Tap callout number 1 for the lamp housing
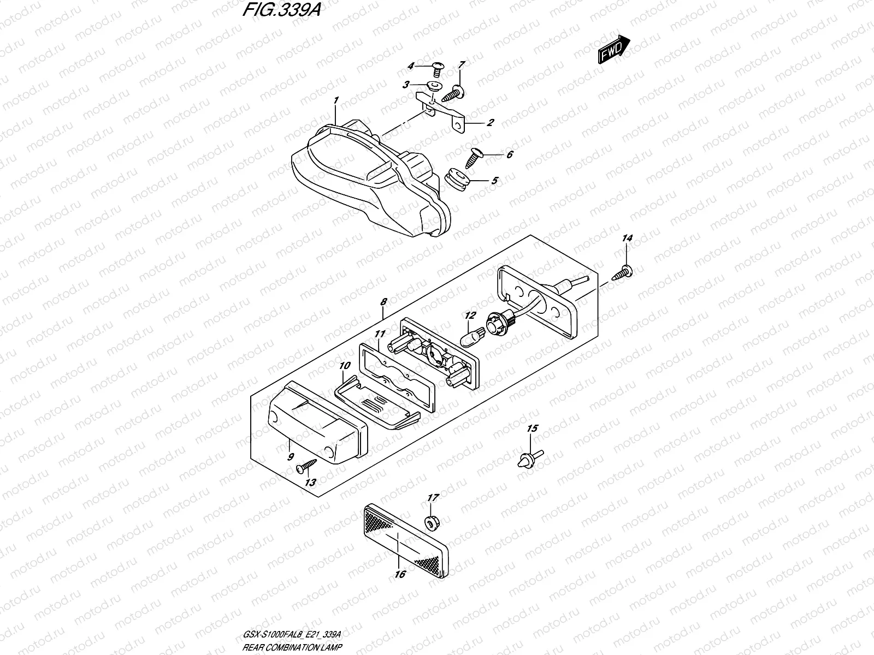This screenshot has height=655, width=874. click(x=336, y=100)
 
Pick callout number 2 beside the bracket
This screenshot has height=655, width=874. click(x=490, y=123)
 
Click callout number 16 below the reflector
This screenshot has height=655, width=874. click(x=399, y=574)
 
